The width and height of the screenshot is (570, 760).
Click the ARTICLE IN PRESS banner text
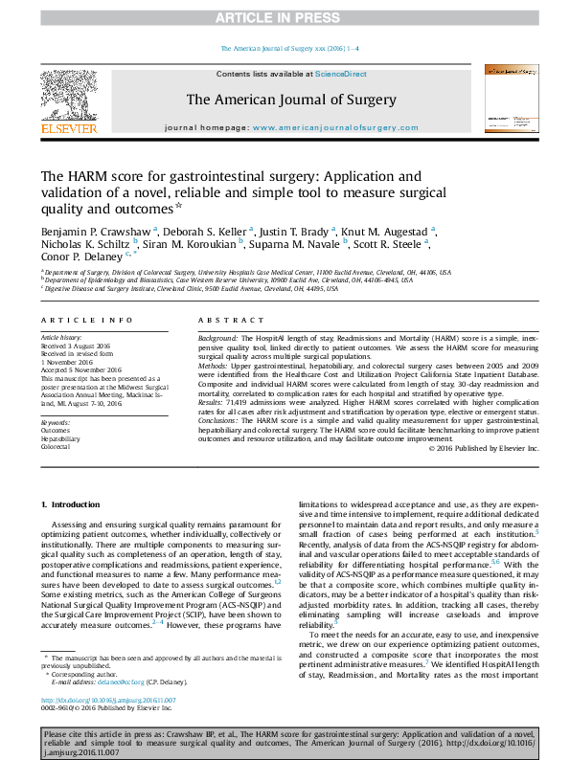285,18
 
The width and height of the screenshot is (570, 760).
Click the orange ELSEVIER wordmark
68,128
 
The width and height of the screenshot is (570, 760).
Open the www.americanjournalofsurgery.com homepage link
335,127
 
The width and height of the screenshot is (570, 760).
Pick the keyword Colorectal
56,447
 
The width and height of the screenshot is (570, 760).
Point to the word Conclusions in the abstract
219,420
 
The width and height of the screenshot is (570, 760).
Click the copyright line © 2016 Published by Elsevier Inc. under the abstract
484,448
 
